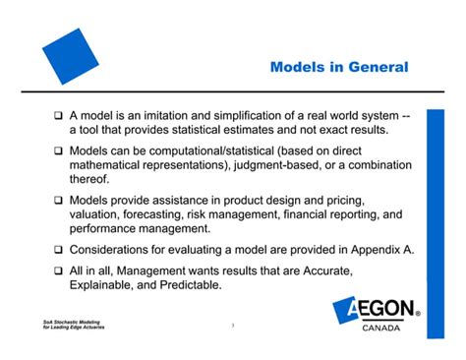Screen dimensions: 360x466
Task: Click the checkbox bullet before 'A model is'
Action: pos(58,116)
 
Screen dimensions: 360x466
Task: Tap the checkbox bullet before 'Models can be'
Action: pos(58,152)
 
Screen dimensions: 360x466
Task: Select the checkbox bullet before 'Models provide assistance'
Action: pos(58,201)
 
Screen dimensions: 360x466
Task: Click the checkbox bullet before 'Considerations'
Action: pos(58,250)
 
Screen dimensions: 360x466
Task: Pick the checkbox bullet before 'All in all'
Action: pos(58,270)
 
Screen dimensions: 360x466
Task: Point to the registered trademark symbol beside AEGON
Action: pos(418,316)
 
